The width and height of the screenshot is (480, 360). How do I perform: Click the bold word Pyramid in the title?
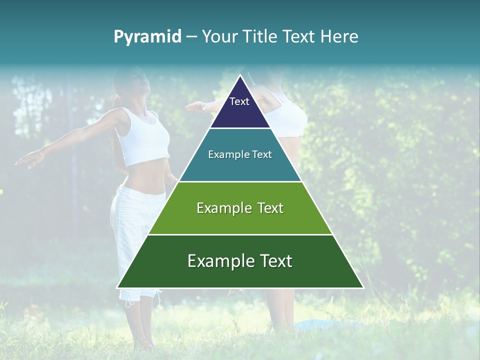pyautogui.click(x=147, y=37)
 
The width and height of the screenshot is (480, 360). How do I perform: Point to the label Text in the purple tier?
pyautogui.click(x=239, y=101)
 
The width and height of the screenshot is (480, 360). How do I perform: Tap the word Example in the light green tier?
pyautogui.click(x=220, y=208)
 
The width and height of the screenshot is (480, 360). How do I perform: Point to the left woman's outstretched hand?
pyautogui.click(x=25, y=159)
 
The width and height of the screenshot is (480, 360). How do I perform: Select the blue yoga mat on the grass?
pyautogui.click(x=320, y=325)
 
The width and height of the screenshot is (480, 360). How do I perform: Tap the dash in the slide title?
pyautogui.click(x=191, y=37)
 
